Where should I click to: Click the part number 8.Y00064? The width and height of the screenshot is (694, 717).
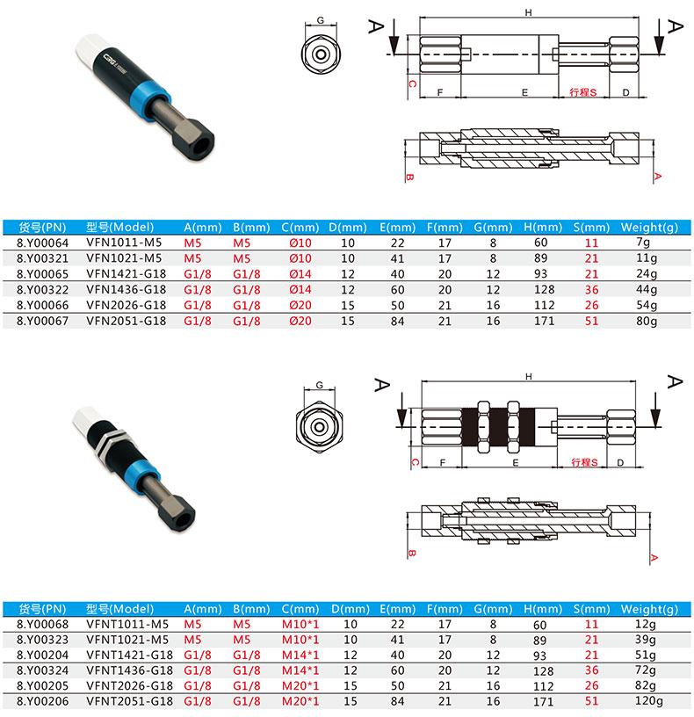pyautogui.click(x=42, y=243)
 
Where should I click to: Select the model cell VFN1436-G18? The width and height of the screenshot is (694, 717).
pyautogui.click(x=127, y=289)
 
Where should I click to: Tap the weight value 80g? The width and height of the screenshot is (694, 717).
pyautogui.click(x=647, y=321)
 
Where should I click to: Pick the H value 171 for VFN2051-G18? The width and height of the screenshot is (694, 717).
pyautogui.click(x=544, y=321)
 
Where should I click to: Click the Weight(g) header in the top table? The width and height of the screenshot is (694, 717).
pyautogui.click(x=649, y=228)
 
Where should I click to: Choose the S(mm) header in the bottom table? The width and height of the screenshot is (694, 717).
pyautogui.click(x=591, y=609)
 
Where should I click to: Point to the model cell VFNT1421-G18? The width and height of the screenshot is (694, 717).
pyautogui.click(x=130, y=655)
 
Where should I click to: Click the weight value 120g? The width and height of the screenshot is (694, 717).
pyautogui.click(x=649, y=701)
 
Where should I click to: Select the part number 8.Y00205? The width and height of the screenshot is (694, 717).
pyautogui.click(x=42, y=686)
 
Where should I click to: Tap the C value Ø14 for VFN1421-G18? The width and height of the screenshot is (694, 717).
pyautogui.click(x=300, y=274)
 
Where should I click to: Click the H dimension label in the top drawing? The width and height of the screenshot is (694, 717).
pyautogui.click(x=529, y=13)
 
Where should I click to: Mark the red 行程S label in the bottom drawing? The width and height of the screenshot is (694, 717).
pyautogui.click(x=584, y=462)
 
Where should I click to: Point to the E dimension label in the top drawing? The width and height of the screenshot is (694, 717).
pyautogui.click(x=524, y=92)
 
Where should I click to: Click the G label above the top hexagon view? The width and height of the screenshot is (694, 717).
pyautogui.click(x=321, y=20)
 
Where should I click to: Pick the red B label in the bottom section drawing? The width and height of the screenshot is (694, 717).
pyautogui.click(x=411, y=554)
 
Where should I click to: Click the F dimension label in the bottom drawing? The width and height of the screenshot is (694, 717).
pyautogui.click(x=442, y=463)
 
